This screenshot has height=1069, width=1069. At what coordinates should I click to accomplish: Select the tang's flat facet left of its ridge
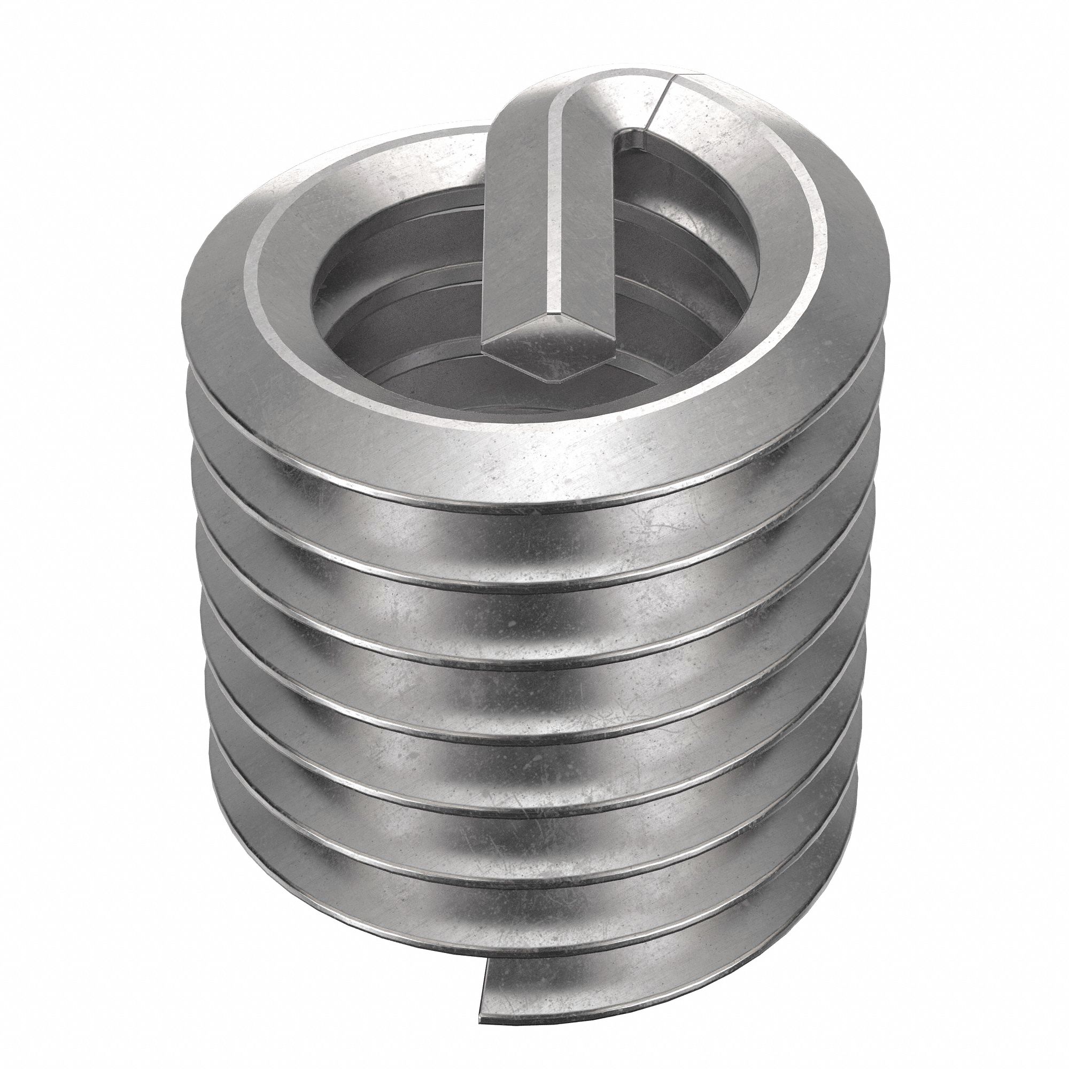pos(520,221)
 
